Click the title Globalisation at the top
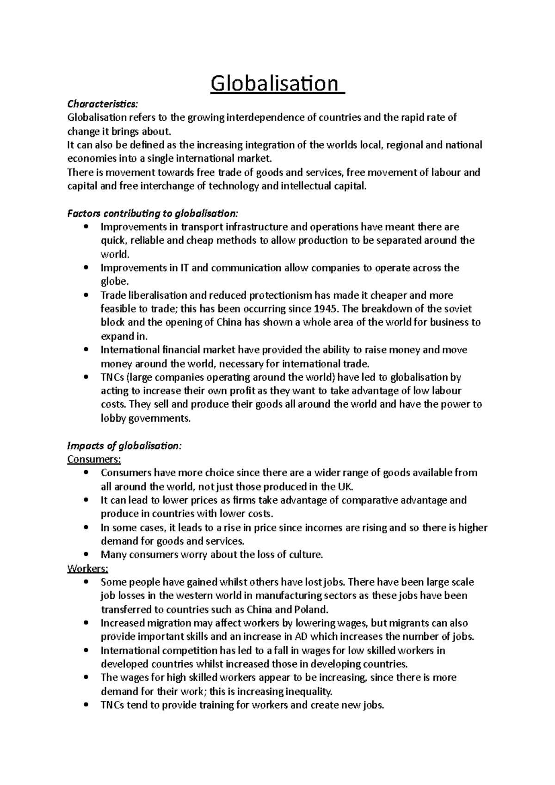[x=277, y=84]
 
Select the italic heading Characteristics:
[x=102, y=104]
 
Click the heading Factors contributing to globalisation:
[x=153, y=213]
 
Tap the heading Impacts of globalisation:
[x=125, y=446]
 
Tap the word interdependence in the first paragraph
[x=265, y=117]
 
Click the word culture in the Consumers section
[x=305, y=554]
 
